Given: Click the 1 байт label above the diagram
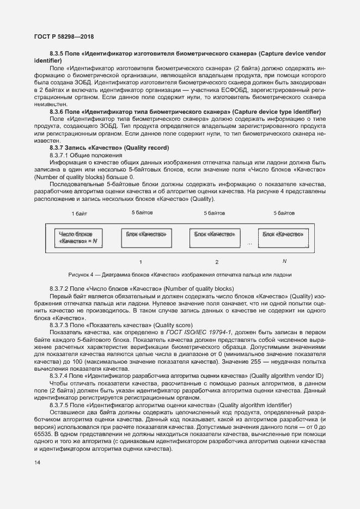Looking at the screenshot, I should [79, 213].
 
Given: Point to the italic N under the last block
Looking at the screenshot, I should [284, 261].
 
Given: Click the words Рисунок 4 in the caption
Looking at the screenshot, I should [82, 274].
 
